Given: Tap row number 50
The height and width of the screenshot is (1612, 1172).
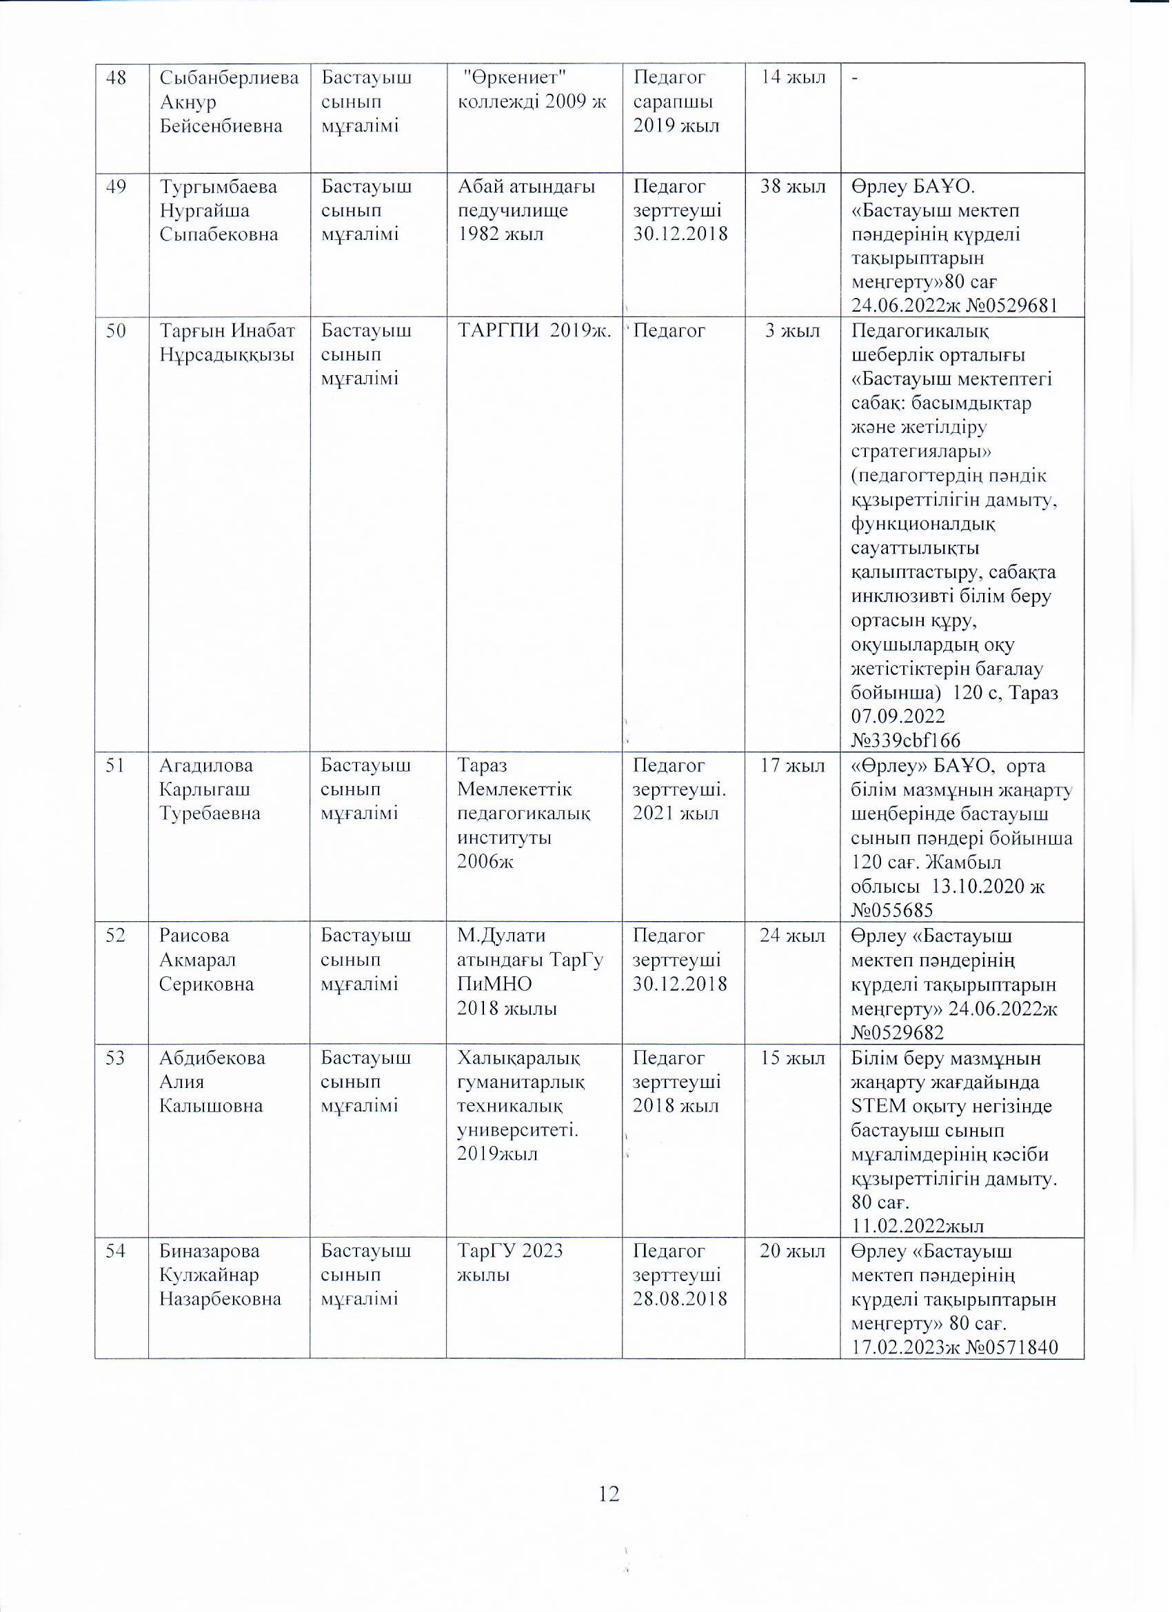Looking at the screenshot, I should pyautogui.click(x=116, y=330).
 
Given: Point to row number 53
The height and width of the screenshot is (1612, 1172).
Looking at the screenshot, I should pyautogui.click(x=116, y=1058).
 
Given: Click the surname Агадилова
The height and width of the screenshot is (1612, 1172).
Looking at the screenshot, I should pyautogui.click(x=206, y=765).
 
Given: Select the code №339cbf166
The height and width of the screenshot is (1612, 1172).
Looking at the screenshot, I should pyautogui.click(x=905, y=740).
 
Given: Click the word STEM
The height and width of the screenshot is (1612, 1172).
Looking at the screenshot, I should pyautogui.click(x=878, y=1106).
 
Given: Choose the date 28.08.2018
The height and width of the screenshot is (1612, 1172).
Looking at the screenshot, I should pyautogui.click(x=680, y=1298).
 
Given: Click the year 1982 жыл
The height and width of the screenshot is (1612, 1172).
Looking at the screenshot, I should pyautogui.click(x=501, y=234).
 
